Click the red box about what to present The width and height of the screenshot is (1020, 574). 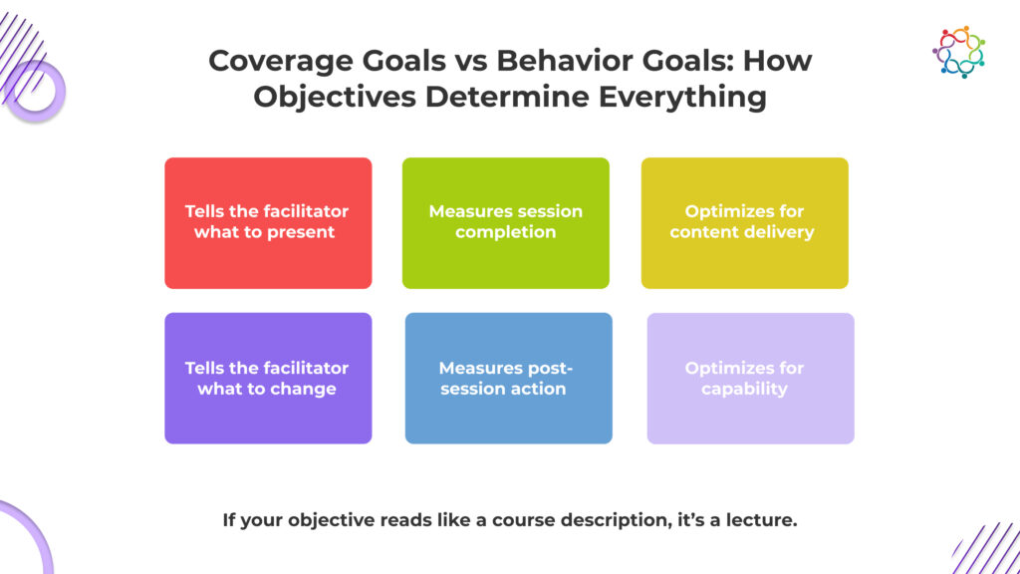[x=268, y=222]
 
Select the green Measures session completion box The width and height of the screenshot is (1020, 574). [x=505, y=222]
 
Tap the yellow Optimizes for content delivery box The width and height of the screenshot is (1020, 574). [x=745, y=222]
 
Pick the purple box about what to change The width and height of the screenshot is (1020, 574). [x=268, y=378]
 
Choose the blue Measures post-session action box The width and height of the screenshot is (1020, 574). [x=509, y=378]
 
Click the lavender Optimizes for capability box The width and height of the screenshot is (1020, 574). [x=751, y=378]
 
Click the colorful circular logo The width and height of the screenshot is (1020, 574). [x=958, y=52]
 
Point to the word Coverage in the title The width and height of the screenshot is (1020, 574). [x=280, y=62]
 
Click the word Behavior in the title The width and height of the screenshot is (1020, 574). [x=565, y=61]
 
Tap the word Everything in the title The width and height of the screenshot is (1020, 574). [x=682, y=98]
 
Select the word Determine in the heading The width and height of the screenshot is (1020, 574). [x=507, y=97]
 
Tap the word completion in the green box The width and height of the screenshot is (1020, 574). [x=505, y=233]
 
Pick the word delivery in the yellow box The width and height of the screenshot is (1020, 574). [x=779, y=233]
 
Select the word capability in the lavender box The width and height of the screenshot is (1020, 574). [x=744, y=390]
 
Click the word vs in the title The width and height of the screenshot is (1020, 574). [x=470, y=62]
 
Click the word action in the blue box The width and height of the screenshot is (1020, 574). [x=538, y=390]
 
